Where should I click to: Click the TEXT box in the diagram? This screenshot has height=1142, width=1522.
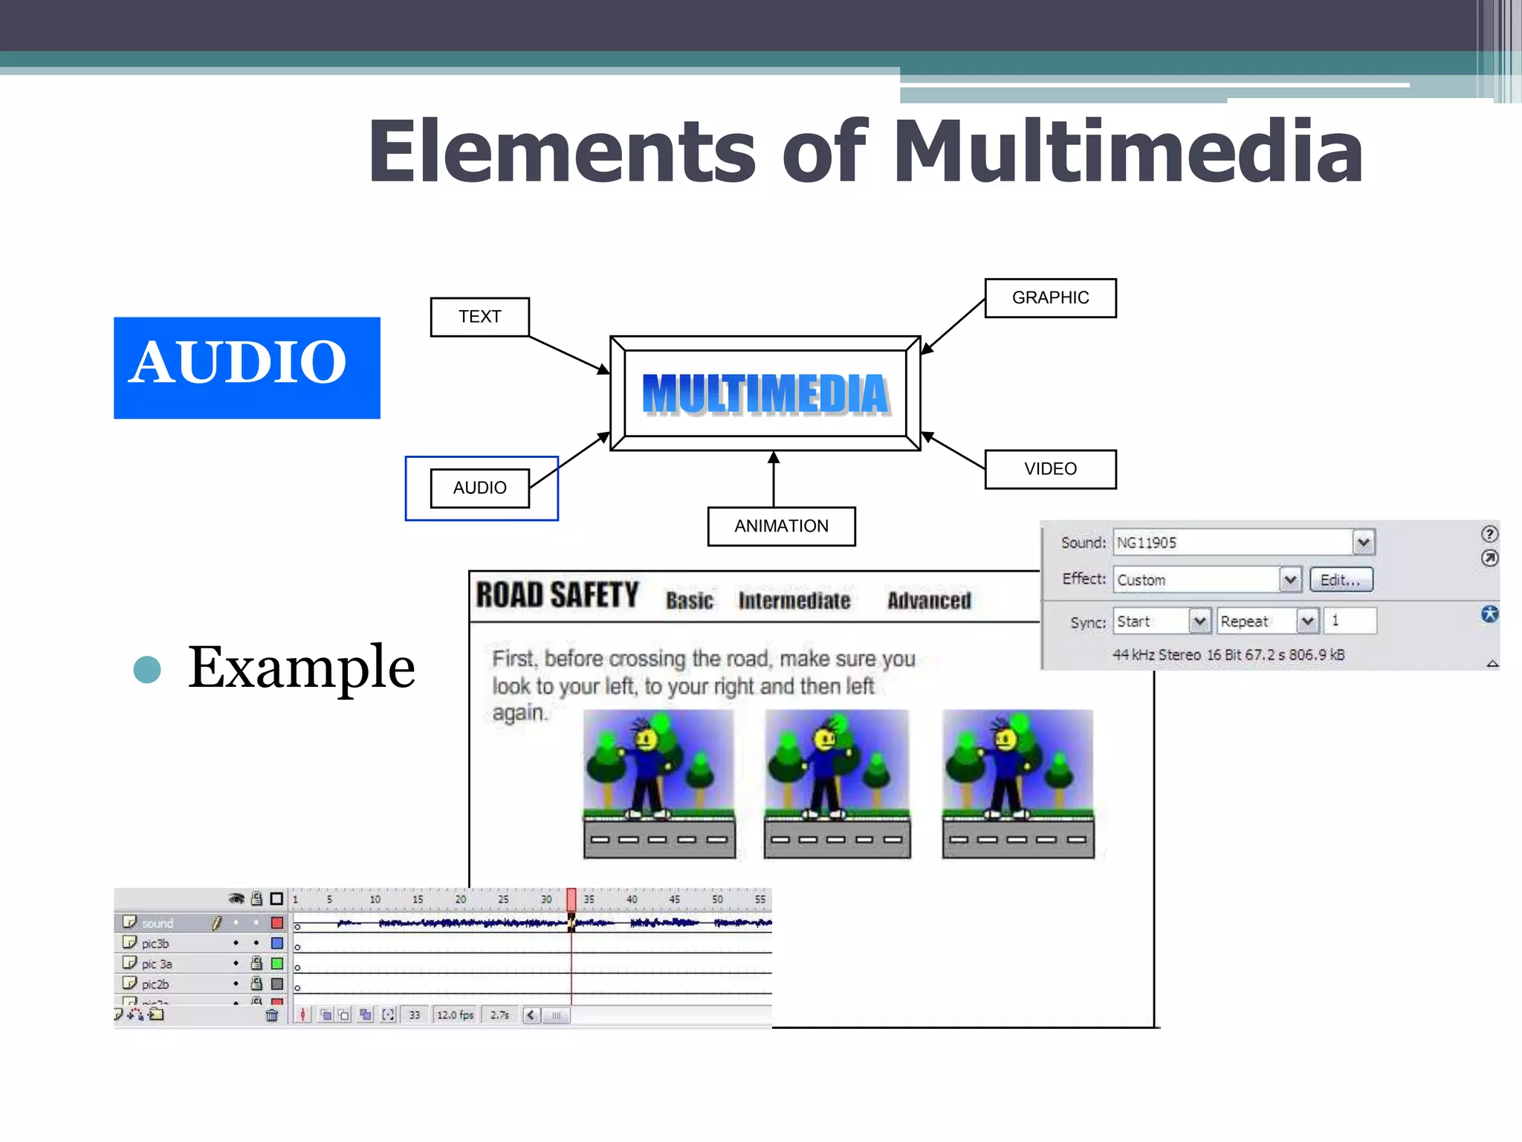pos(479,317)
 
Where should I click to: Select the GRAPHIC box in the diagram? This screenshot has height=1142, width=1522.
pos(1049,297)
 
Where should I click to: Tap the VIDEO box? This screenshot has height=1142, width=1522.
pos(1049,468)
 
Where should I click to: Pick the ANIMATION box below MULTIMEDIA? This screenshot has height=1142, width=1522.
pos(780,526)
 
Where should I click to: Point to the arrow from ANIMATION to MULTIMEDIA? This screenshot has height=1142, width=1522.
pos(773,479)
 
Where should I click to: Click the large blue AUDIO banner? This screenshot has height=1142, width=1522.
pos(246,367)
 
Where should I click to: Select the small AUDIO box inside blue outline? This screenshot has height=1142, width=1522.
pos(479,488)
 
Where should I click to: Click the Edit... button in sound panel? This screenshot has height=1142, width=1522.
pos(1340,580)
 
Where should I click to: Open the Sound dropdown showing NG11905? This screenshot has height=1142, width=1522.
pos(1363,542)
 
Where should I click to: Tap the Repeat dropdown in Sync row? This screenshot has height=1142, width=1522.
pos(1267,621)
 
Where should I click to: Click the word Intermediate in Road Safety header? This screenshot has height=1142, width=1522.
pos(794,600)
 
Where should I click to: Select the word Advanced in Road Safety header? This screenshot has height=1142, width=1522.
pos(928,600)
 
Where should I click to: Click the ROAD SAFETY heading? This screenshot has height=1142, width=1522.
pos(557,596)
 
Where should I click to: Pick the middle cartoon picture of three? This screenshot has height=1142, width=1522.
pos(837,784)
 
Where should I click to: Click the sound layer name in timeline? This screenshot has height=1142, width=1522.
pos(157,923)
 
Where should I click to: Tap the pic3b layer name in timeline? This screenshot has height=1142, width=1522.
pos(155,943)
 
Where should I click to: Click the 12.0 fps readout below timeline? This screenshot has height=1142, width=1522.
pos(455,1015)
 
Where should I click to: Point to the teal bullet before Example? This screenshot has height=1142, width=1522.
pos(147,669)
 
